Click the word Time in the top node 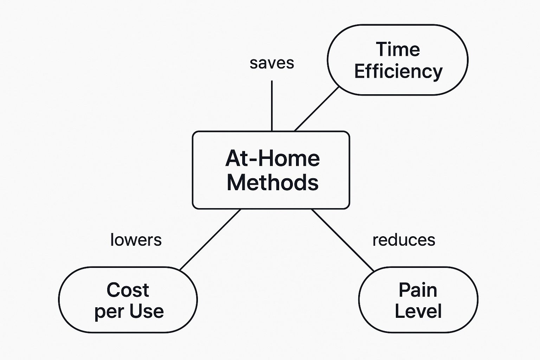[x=398, y=49]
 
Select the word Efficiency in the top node [x=398, y=72]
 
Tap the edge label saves [x=272, y=63]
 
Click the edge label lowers [x=136, y=240]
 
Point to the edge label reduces [x=404, y=240]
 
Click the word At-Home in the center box [x=272, y=159]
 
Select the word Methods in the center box [x=273, y=182]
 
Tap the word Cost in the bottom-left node [x=128, y=290]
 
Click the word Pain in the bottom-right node [x=418, y=290]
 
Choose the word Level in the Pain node [x=418, y=311]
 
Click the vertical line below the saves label [x=272, y=106]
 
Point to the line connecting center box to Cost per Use [x=210, y=240]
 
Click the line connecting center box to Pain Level [x=342, y=240]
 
